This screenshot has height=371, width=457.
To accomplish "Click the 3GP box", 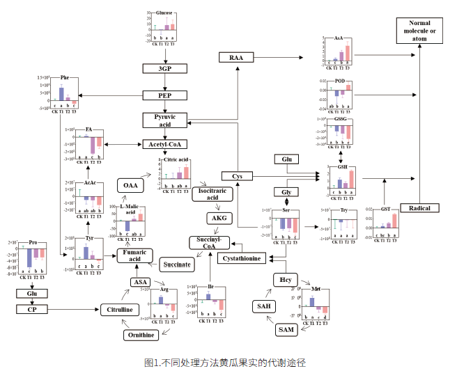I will tap(164, 68).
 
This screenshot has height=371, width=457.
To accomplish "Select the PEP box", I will tap(164, 95).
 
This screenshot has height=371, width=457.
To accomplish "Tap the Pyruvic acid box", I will tap(165, 120).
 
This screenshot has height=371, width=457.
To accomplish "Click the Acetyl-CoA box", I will tap(164, 144).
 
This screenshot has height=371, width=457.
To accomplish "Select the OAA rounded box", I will tap(130, 185).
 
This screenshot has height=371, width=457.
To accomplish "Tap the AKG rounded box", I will tap(217, 219).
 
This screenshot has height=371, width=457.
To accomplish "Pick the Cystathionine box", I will tap(241, 258).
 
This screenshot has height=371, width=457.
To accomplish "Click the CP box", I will tap(32, 309).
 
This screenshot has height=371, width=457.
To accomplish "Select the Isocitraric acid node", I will tap(211, 194).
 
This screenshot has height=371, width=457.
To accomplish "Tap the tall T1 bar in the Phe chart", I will tap(61, 94).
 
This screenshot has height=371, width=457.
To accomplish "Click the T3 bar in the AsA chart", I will tap(348, 54).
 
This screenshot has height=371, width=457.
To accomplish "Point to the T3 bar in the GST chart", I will tap(394, 221).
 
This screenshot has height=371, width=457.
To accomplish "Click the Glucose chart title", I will tap(164, 13).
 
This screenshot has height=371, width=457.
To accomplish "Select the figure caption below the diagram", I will tap(225, 363).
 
